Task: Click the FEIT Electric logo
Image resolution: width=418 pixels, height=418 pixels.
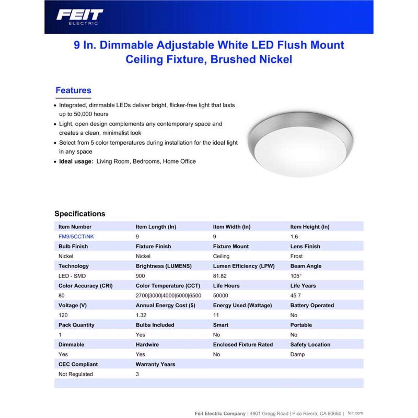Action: (80, 17)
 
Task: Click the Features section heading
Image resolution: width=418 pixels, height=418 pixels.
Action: (73, 90)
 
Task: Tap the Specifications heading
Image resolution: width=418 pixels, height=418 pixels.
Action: (80, 214)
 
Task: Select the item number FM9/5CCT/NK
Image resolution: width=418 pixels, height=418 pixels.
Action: (76, 237)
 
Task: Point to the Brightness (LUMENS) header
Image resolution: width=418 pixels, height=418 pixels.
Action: (164, 266)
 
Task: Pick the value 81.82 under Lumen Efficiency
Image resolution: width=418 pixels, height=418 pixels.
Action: (220, 276)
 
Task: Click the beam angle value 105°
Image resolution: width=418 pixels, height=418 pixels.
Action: (296, 276)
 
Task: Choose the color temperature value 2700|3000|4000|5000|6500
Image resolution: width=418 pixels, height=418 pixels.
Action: (168, 295)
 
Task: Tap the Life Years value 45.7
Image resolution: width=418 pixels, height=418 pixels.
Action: (295, 295)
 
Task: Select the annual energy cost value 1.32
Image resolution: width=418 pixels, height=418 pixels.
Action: (141, 315)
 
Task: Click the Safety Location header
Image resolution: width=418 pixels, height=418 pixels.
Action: (310, 345)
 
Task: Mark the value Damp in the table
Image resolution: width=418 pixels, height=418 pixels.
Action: (297, 354)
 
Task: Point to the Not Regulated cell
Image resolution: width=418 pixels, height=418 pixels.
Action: (76, 374)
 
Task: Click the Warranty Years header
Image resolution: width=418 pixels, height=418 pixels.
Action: (155, 364)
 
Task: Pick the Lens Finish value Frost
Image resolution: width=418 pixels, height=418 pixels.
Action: (296, 256)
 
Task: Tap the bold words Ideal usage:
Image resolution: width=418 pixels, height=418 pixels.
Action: (76, 161)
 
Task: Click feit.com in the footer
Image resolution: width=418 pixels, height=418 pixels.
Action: (355, 413)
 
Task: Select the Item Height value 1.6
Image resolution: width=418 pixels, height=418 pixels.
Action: (294, 237)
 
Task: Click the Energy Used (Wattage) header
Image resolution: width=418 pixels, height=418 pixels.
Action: (242, 305)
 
